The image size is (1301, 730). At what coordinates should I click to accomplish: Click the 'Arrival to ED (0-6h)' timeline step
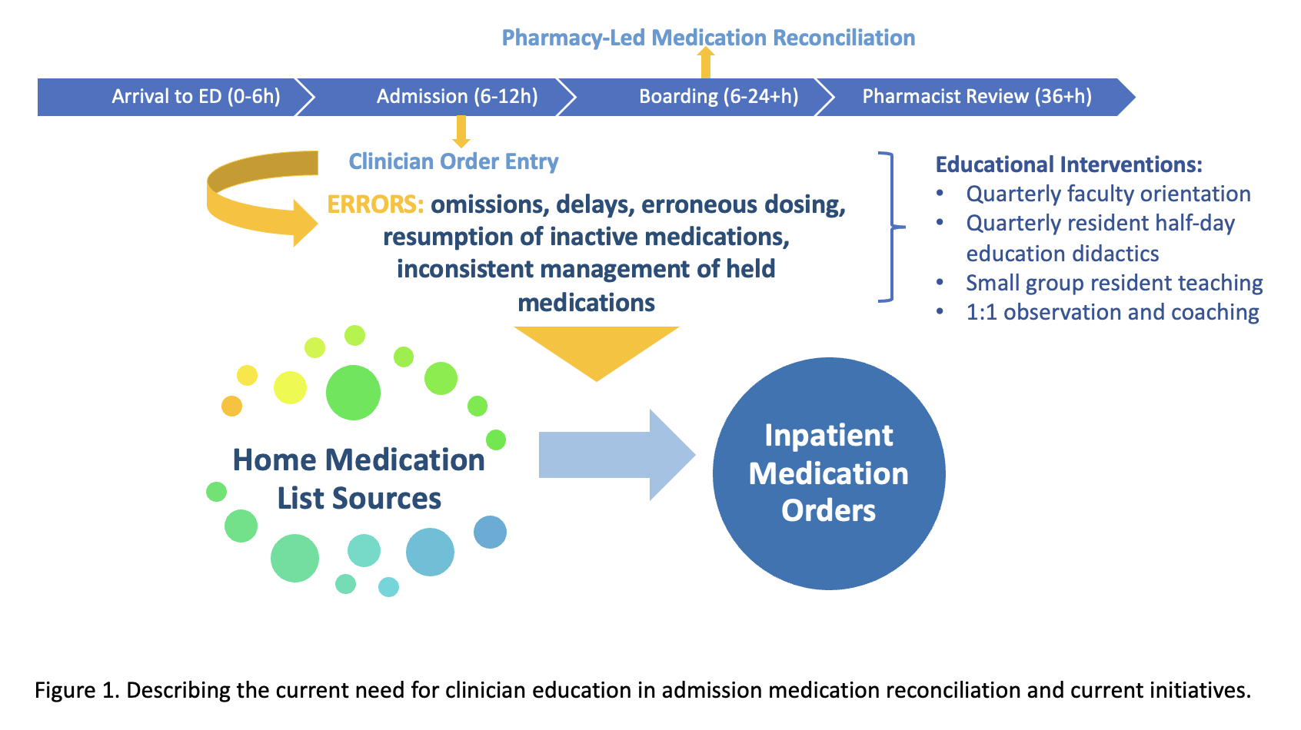(196, 97)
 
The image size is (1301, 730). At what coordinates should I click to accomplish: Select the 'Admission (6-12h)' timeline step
(457, 97)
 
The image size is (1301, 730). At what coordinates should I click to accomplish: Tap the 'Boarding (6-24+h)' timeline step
(718, 97)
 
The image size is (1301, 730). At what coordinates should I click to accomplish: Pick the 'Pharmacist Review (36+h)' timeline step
(977, 97)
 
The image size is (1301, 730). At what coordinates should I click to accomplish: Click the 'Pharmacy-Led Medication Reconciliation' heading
(708, 38)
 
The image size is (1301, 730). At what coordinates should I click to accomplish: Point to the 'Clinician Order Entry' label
(454, 161)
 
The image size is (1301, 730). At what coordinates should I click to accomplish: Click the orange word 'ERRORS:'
(375, 204)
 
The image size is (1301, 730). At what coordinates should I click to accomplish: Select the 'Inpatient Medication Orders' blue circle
(829, 473)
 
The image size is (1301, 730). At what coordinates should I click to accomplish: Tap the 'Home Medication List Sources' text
(359, 479)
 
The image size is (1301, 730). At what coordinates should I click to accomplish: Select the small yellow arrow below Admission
(461, 131)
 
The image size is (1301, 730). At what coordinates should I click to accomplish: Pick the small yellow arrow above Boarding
(705, 63)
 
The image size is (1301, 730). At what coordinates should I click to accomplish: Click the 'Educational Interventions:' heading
(1069, 164)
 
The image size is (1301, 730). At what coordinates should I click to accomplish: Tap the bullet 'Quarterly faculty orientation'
(1108, 194)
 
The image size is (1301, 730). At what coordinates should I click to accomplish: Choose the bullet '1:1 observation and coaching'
(1113, 312)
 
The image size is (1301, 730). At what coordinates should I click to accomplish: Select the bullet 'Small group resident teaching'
(1114, 283)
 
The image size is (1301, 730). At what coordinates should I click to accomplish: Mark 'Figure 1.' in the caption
(77, 690)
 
